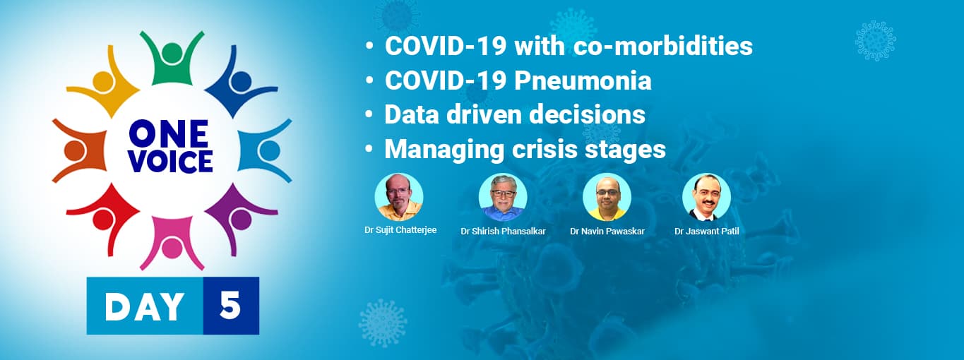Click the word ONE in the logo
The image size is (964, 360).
click(168, 134)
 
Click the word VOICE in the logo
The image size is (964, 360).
click(171, 162)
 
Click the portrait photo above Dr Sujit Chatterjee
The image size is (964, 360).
click(398, 197)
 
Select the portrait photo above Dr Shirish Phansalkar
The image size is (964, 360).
click(503, 197)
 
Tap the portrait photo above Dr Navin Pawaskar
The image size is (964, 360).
click(607, 197)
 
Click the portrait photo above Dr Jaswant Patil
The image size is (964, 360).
click(706, 197)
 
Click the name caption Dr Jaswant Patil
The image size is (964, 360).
click(706, 232)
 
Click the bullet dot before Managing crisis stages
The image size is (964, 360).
click(369, 150)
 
